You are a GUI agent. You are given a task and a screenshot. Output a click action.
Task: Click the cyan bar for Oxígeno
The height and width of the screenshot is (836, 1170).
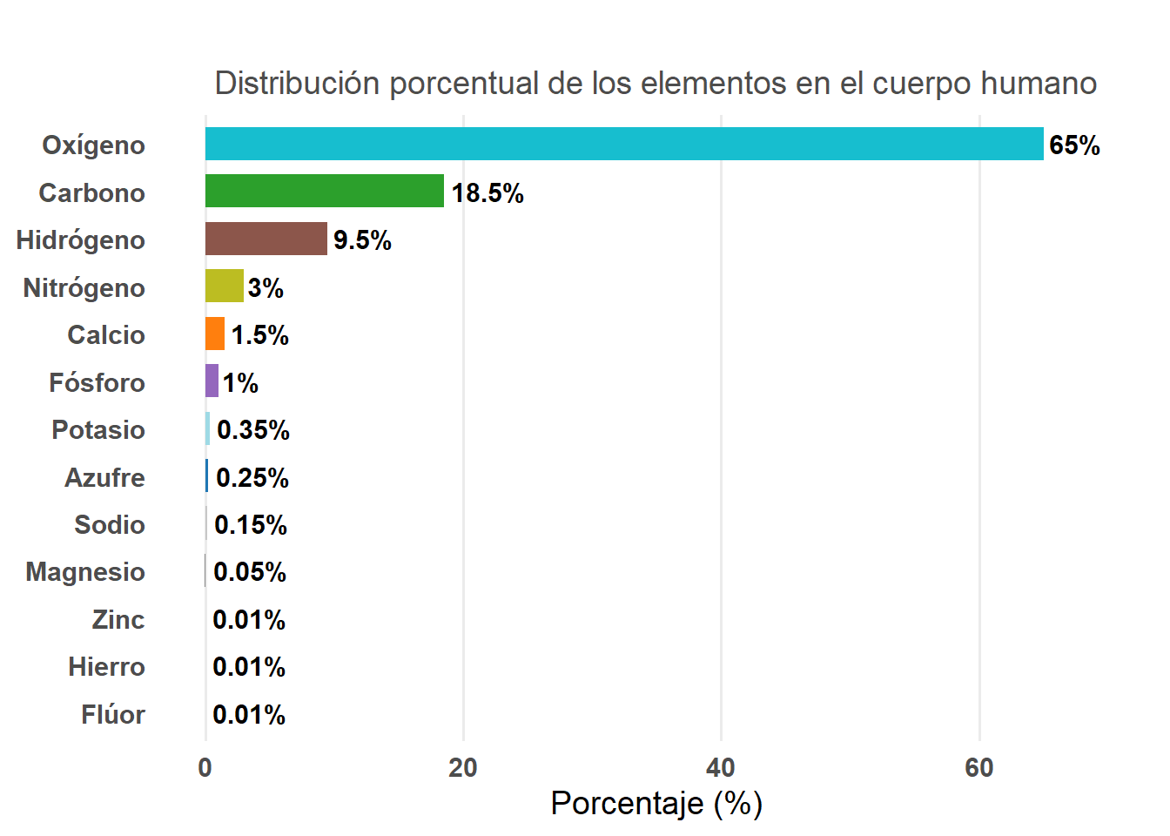(x=623, y=144)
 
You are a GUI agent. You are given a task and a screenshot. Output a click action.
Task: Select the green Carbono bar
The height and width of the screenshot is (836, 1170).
(x=324, y=191)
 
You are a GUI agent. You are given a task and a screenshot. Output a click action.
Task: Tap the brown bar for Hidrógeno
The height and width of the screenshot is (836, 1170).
(x=266, y=239)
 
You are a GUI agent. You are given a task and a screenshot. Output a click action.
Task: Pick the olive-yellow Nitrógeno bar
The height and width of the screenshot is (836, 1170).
(x=224, y=286)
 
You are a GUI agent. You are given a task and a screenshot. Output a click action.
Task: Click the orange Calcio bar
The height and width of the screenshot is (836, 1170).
(x=214, y=334)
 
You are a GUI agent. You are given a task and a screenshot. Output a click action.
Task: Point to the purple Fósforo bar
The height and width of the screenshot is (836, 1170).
(x=212, y=381)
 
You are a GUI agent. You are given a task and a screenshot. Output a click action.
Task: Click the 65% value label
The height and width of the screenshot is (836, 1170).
(x=1074, y=145)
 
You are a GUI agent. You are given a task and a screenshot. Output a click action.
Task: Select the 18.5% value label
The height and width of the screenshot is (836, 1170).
(x=487, y=193)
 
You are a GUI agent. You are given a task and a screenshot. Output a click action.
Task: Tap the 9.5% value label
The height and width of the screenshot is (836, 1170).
(x=362, y=240)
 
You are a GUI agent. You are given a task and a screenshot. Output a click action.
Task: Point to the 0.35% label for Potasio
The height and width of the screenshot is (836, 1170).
(x=253, y=430)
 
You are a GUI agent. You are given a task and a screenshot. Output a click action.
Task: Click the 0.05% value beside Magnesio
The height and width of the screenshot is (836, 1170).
(x=250, y=572)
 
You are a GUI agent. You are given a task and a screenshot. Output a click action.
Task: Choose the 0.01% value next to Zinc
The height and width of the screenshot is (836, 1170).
(x=249, y=620)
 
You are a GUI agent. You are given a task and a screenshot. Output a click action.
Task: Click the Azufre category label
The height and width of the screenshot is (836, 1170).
(x=104, y=478)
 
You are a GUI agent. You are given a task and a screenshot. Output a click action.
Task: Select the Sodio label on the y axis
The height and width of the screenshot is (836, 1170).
(x=109, y=525)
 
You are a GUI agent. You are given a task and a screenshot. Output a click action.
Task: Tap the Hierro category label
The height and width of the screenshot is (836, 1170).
(x=106, y=667)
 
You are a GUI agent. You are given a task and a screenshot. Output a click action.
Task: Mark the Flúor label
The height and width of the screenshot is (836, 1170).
(x=113, y=715)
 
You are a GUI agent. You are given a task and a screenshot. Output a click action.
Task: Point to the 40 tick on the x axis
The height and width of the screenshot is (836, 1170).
(x=721, y=768)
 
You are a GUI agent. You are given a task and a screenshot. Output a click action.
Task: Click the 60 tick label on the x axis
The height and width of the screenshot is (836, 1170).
(x=979, y=768)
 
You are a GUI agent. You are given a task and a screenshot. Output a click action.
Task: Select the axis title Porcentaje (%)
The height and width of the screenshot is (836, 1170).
(x=656, y=803)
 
